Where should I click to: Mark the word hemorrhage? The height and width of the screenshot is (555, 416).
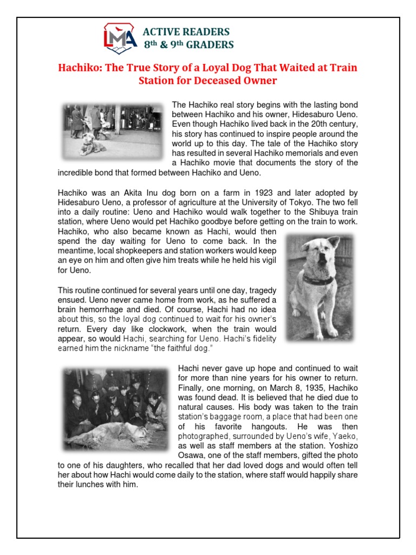tap(92, 309)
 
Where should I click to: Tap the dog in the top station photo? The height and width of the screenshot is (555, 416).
tap(88, 144)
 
